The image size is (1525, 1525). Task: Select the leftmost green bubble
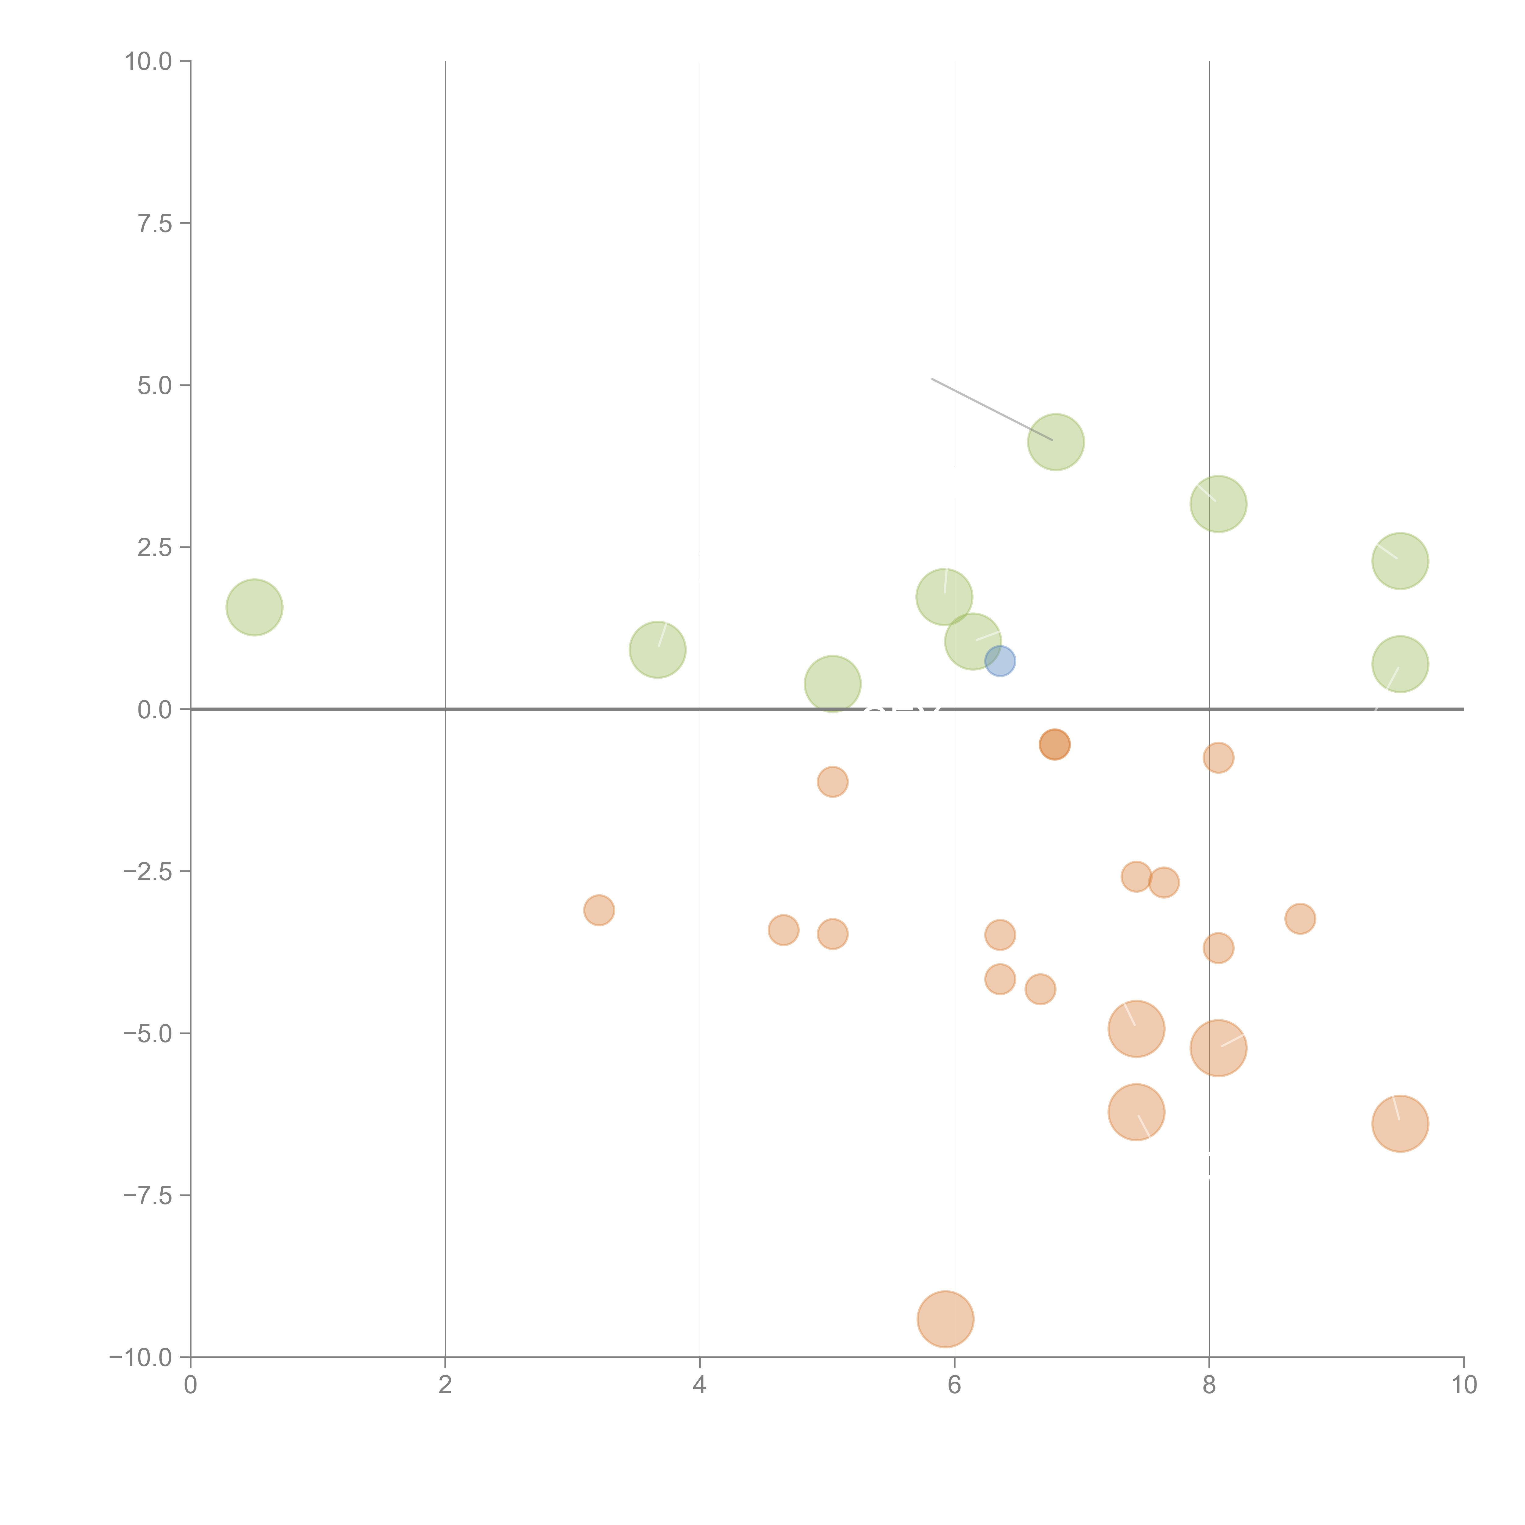(254, 607)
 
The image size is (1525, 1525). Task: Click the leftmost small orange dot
(599, 910)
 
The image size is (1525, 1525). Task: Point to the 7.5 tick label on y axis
(155, 223)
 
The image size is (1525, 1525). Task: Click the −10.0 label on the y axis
(141, 1358)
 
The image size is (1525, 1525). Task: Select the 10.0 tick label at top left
(149, 62)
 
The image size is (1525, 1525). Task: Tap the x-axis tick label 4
(699, 1385)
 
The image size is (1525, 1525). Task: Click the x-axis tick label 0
(190, 1385)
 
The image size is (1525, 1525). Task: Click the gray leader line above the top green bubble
(992, 409)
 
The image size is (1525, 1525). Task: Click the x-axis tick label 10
(1463, 1385)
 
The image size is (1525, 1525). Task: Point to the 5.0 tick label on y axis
(155, 385)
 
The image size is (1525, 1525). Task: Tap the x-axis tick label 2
(445, 1385)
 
